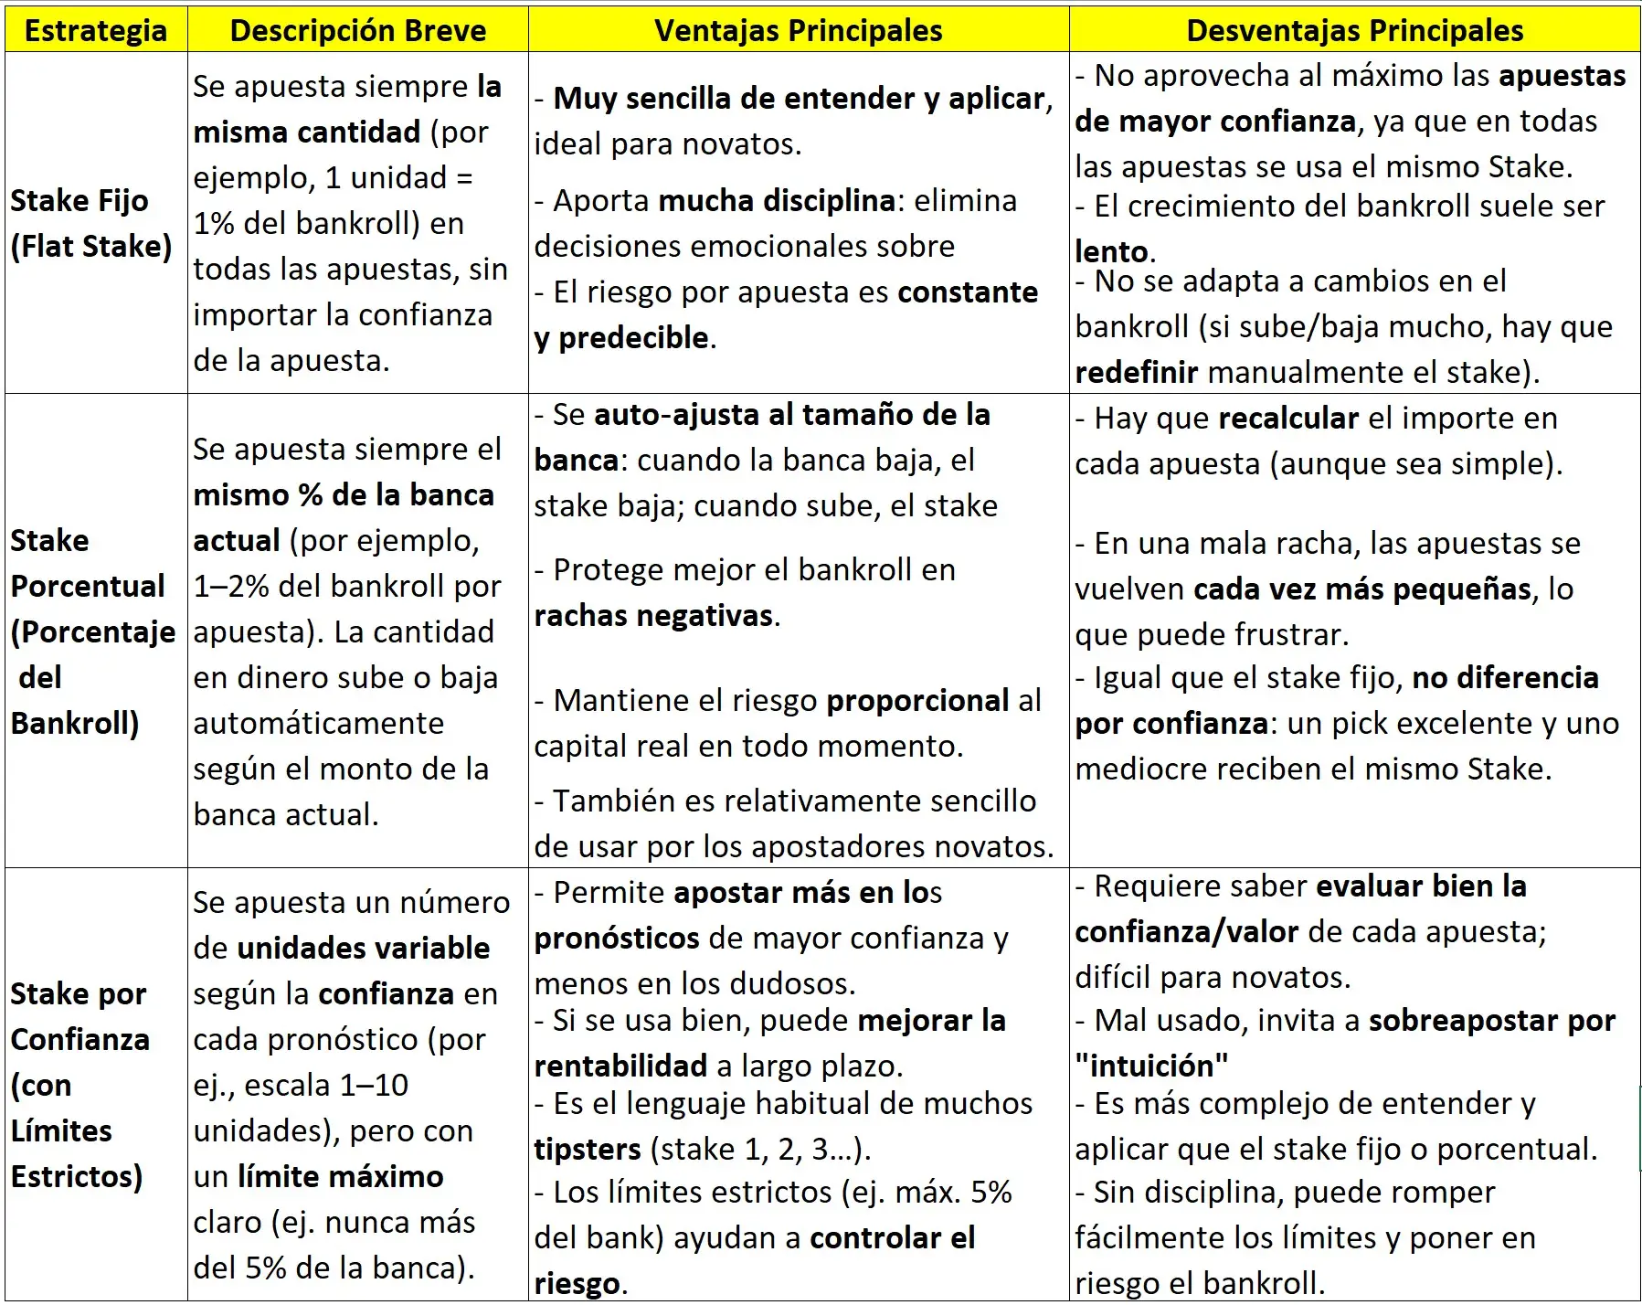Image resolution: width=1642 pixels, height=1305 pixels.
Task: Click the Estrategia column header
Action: [96, 30]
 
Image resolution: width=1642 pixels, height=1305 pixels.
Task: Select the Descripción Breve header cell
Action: [358, 30]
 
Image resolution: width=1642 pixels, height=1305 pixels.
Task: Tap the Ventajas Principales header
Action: [798, 30]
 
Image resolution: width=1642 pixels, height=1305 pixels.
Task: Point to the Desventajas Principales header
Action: [1354, 30]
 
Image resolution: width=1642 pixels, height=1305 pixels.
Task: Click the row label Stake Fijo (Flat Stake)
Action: [91, 223]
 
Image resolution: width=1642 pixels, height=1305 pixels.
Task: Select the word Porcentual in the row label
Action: [88, 586]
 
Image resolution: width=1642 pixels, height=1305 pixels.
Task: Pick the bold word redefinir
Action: [1137, 372]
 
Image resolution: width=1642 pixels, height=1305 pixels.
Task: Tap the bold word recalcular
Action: [1289, 418]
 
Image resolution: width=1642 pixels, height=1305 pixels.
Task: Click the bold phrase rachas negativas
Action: [653, 615]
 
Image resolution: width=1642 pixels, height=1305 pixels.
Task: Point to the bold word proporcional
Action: [917, 700]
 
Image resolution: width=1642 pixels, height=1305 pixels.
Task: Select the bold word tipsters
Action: [588, 1149]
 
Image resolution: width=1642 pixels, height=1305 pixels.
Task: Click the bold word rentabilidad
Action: [620, 1066]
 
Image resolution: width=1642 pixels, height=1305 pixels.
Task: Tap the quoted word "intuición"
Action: [1151, 1066]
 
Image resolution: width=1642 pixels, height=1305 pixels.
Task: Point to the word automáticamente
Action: [318, 723]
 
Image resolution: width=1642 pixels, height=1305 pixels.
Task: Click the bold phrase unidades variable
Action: [364, 948]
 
